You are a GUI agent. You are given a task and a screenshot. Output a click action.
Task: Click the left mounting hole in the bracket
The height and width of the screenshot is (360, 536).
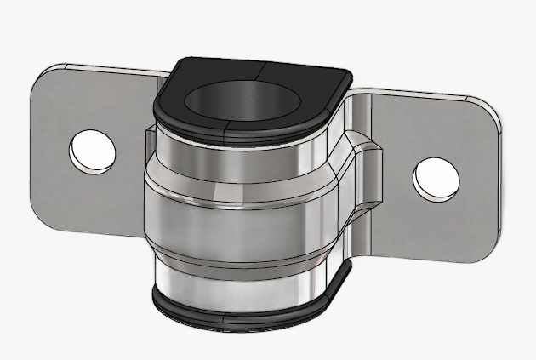tap(92, 151)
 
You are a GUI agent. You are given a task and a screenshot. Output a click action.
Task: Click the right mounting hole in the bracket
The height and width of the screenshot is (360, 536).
tap(436, 180)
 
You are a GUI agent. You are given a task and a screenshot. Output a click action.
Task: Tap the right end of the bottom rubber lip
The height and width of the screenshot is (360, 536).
tap(340, 277)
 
